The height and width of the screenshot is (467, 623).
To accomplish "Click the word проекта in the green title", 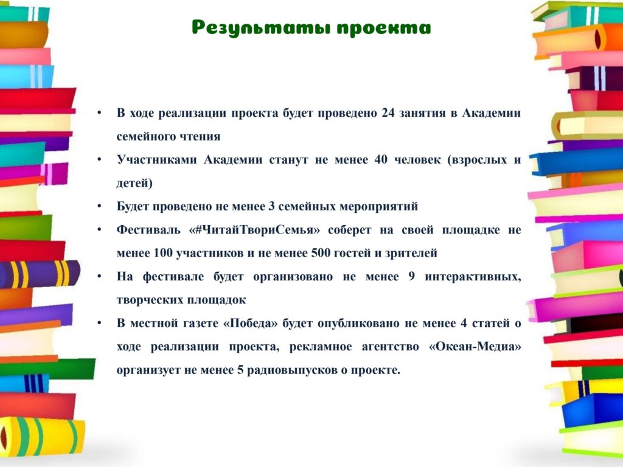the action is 384,29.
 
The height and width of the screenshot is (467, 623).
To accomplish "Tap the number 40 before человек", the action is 381,160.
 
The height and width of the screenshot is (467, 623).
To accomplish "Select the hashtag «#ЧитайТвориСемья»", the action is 255,230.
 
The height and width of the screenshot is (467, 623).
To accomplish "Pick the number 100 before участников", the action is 162,253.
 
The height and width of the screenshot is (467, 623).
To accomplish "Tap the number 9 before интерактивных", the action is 412,277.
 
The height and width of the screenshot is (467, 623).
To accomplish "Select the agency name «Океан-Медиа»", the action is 475,347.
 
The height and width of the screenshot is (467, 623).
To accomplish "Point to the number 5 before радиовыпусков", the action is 240,370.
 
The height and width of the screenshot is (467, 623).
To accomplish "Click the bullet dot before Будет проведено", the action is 99,207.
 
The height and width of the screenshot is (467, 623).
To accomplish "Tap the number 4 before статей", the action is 464,323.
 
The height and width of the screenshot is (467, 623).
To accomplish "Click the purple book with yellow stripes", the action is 40,274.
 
